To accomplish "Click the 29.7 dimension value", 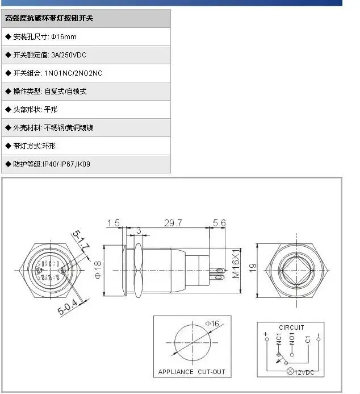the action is (x=173, y=223).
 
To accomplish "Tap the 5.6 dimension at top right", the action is (x=219, y=223).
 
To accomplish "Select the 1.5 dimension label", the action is (x=114, y=223).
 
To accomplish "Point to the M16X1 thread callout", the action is (x=236, y=264).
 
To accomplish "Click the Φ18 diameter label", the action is (x=98, y=269).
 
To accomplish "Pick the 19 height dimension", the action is (x=253, y=267).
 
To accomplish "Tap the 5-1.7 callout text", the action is (x=81, y=239).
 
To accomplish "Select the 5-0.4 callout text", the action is (x=68, y=307).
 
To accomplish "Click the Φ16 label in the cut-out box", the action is (x=212, y=324).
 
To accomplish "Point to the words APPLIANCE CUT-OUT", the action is (x=192, y=372).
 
